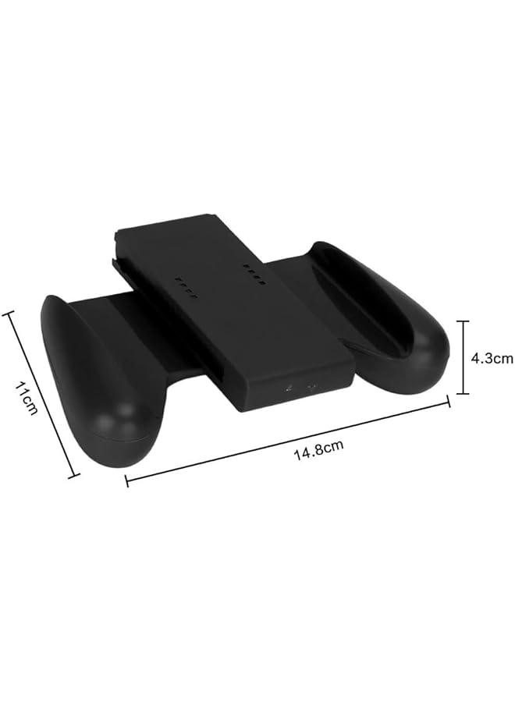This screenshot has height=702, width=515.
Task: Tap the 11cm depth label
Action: (25, 399)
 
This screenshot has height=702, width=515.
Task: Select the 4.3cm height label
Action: (492, 358)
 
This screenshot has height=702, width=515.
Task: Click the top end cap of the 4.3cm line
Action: (463, 321)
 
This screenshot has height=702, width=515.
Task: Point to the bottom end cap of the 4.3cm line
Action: (463, 394)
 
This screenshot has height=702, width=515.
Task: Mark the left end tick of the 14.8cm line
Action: (127, 480)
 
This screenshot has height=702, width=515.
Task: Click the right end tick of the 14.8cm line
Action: (449, 402)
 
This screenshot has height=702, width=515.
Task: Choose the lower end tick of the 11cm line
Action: (74, 474)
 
